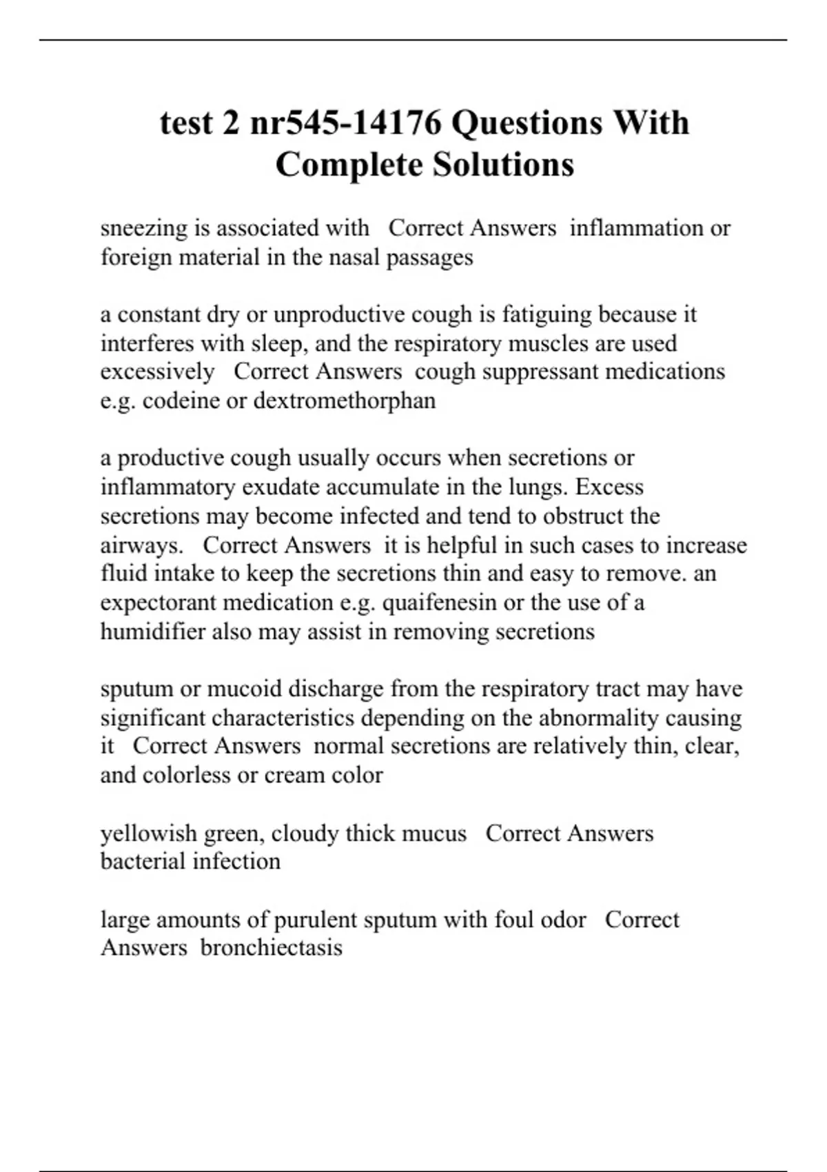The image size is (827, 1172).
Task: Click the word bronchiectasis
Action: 272,947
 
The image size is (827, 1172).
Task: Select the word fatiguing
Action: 547,314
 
